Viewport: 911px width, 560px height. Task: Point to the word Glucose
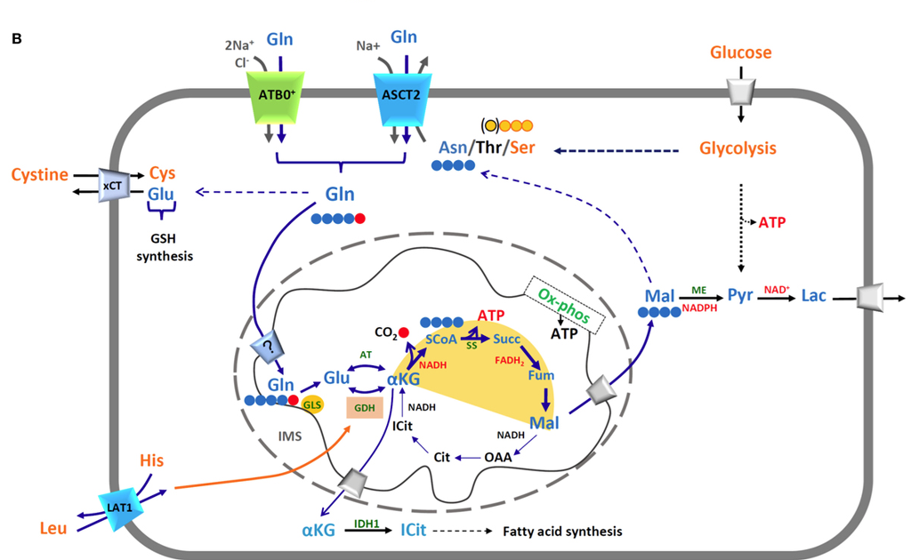pos(740,52)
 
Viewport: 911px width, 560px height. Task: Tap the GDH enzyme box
pos(364,406)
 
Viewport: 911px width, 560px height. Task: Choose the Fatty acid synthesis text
pos(562,532)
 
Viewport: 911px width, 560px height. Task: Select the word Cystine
pos(39,174)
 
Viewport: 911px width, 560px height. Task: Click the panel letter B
pos(16,38)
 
